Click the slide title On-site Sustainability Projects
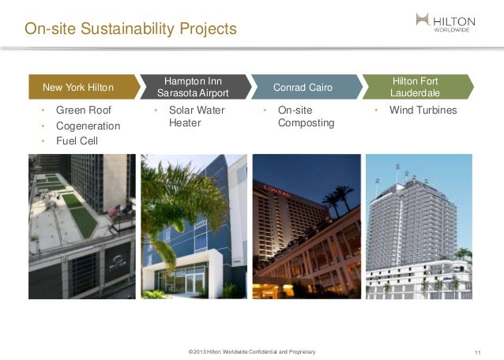point(130,30)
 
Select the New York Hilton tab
point(79,87)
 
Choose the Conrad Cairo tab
point(303,87)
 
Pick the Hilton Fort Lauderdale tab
point(415,87)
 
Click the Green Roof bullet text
point(82,111)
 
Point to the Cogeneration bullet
point(88,126)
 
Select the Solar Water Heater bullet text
point(197,117)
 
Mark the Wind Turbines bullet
point(423,111)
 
